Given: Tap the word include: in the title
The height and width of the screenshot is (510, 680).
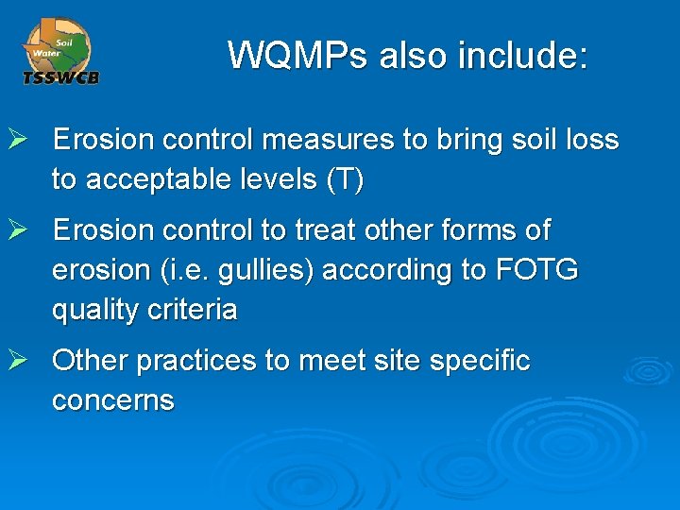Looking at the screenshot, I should coord(522,56).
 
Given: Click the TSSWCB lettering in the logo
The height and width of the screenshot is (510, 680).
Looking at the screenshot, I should coord(61,77).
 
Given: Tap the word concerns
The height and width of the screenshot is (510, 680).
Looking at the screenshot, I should coord(113,400).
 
